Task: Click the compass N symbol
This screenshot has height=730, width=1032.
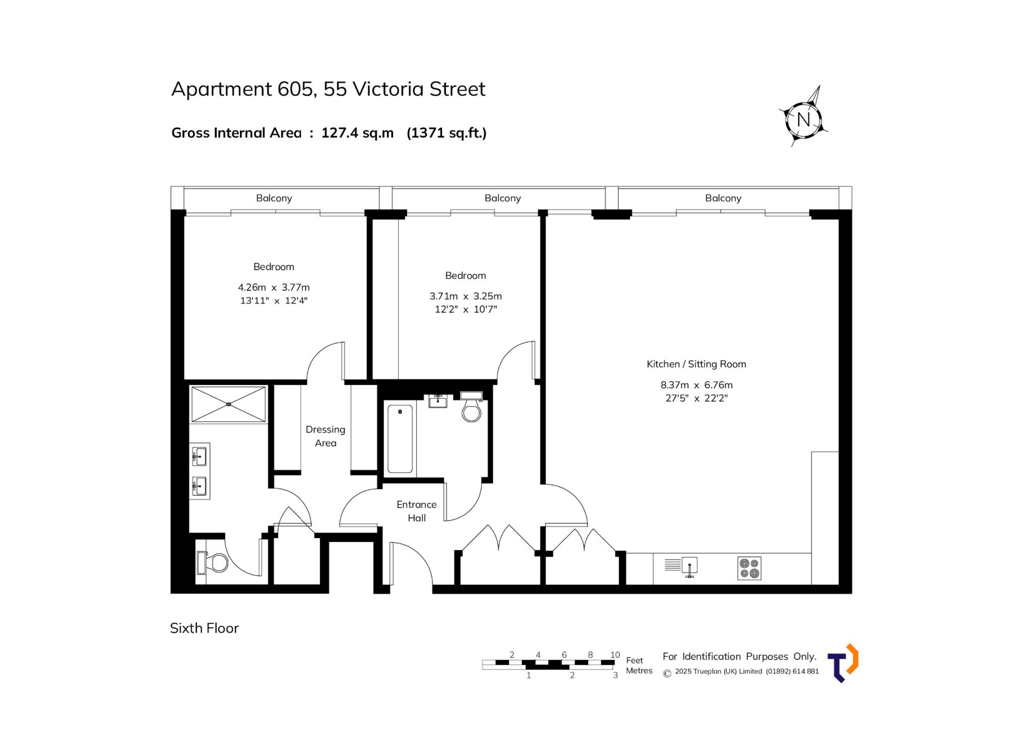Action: (803, 119)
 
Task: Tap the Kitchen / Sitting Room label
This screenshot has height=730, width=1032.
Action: (696, 364)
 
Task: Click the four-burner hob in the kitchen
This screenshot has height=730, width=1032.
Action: (749, 568)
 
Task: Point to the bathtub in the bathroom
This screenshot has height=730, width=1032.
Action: (400, 439)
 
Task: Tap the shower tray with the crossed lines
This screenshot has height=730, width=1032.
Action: (229, 404)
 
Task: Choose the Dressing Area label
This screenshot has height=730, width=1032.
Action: (326, 436)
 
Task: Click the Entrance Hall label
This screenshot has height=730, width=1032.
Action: (417, 511)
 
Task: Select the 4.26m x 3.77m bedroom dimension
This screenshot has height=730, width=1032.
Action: (274, 287)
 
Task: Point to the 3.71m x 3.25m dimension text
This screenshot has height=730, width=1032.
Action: (466, 296)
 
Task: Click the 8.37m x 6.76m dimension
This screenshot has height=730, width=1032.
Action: (696, 385)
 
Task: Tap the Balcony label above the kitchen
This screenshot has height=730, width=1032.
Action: (723, 198)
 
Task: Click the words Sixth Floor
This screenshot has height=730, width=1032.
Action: (204, 628)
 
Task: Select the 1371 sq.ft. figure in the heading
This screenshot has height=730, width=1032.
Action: (446, 133)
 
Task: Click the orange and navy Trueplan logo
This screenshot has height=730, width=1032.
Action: (843, 663)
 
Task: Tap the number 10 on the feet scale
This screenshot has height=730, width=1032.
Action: (615, 655)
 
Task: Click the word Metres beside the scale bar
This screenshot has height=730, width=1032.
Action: (639, 671)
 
